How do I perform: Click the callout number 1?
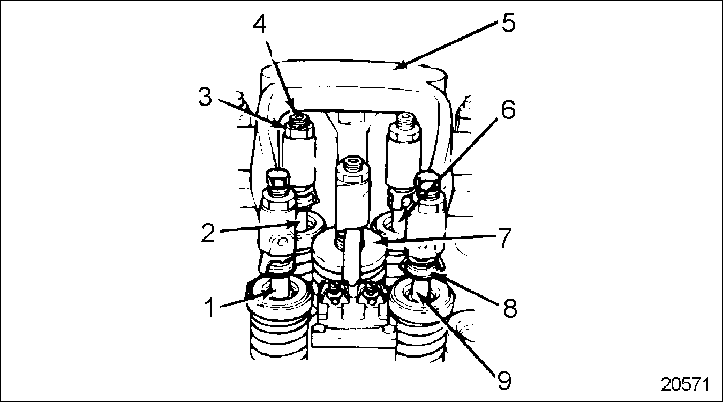click(x=211, y=308)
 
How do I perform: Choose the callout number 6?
click(x=507, y=109)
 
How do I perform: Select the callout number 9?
click(x=503, y=379)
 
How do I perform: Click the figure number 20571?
click(x=685, y=385)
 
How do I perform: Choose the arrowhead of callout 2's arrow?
click(x=296, y=224)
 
